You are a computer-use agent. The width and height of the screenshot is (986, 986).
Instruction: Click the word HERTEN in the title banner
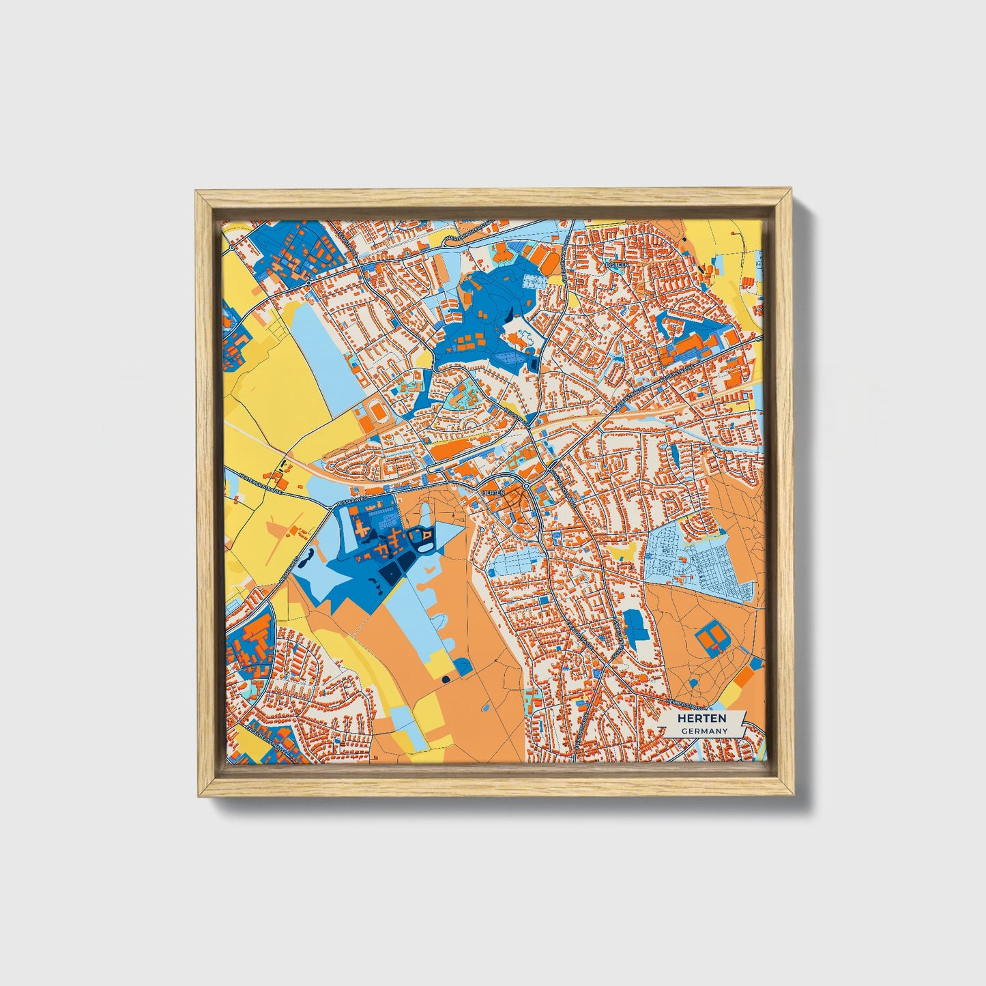pyautogui.click(x=701, y=719)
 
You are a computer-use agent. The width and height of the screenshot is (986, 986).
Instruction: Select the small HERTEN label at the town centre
pyautogui.click(x=492, y=492)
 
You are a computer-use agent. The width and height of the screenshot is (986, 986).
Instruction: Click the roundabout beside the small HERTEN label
pyautogui.click(x=527, y=486)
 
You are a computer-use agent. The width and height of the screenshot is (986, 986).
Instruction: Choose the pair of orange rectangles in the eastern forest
pyautogui.click(x=712, y=638)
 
